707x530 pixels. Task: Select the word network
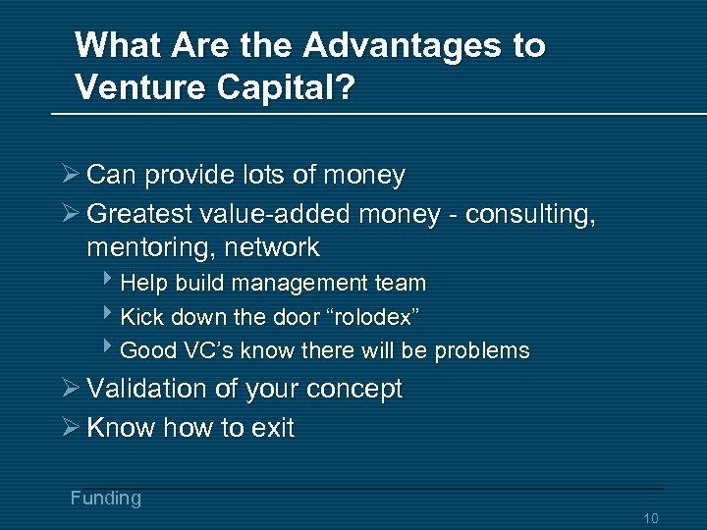tap(272, 246)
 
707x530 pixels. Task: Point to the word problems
tap(482, 350)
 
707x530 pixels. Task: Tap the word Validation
tap(145, 389)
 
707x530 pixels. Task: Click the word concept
tap(354, 389)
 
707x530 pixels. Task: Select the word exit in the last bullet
tap(274, 428)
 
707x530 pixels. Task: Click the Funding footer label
tap(105, 498)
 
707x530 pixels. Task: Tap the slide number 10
tap(650, 518)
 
